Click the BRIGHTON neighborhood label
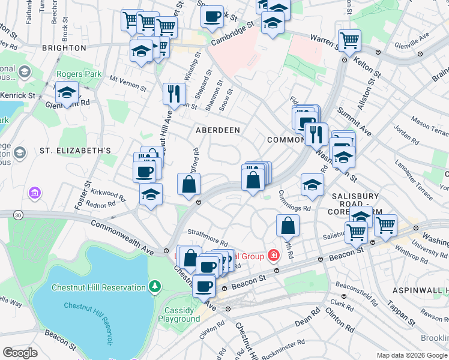coord(64,47)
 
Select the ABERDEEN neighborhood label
coord(217,130)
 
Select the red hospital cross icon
coord(274,256)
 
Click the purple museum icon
coord(35,193)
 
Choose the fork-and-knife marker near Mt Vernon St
coord(174,93)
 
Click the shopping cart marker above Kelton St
coord(349,40)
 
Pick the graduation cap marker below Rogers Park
coord(67,93)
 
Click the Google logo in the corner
coord(20,353)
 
